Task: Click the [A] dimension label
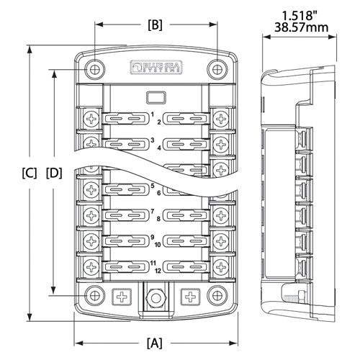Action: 154,342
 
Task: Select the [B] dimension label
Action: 155,24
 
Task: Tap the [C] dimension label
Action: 30,174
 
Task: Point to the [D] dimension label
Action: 54,174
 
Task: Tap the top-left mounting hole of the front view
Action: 93,69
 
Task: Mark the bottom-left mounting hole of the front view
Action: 93,295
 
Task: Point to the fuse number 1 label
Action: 153,114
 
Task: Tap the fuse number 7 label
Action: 153,211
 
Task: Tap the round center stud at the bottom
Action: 155,296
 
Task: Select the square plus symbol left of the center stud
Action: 121,296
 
